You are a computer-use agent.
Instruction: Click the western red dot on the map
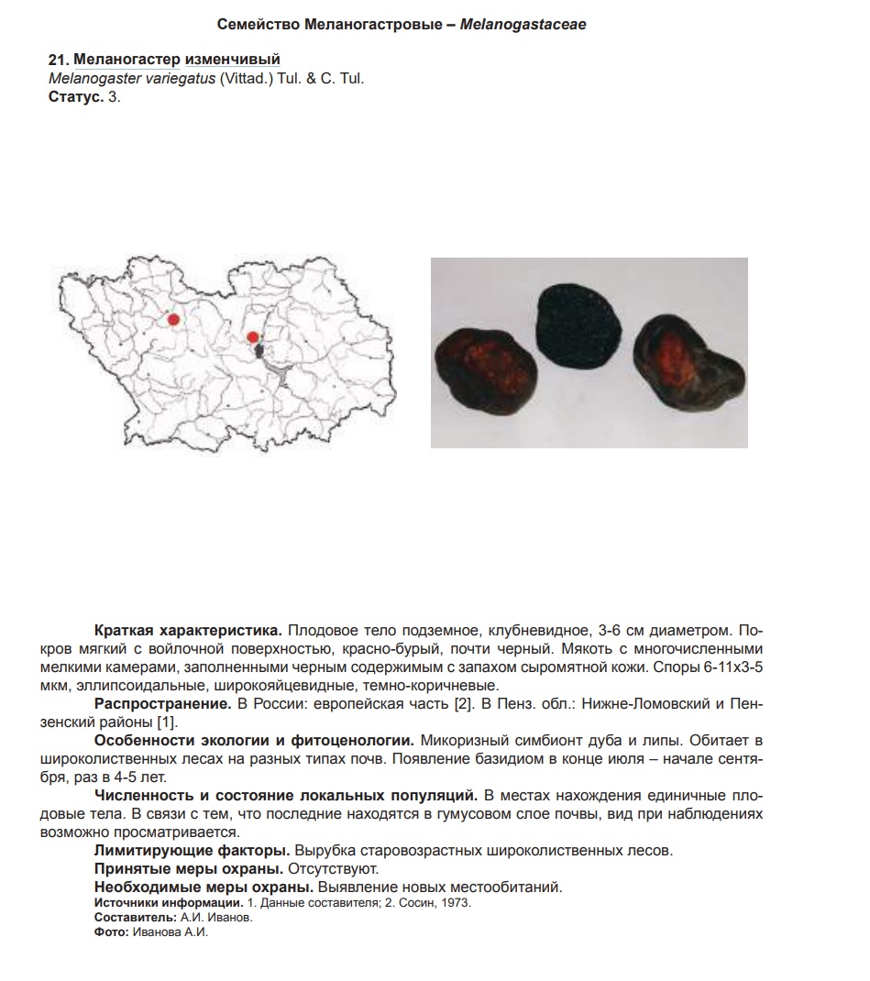[173, 319]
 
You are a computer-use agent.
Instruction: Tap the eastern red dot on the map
[253, 337]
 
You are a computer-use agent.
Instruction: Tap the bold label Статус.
[75, 96]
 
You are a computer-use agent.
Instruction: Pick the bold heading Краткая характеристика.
[188, 632]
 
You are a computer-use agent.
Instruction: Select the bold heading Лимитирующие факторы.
[193, 851]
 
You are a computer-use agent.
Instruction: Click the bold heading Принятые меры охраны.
[189, 868]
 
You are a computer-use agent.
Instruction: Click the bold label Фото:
[111, 931]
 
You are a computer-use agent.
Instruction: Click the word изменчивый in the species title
[226, 61]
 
